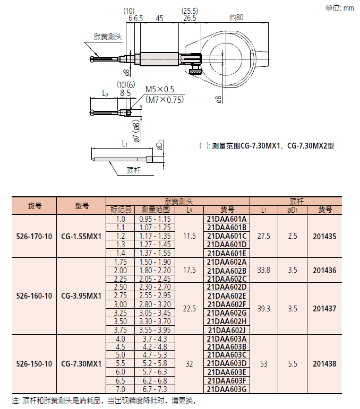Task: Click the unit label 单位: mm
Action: pyautogui.click(x=339, y=7)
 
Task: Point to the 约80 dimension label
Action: pyautogui.click(x=236, y=18)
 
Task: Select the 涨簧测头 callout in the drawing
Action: pyautogui.click(x=108, y=37)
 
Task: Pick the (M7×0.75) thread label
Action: pyautogui.click(x=164, y=99)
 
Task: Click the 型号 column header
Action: pyautogui.click(x=82, y=206)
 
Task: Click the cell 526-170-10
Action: pyautogui.click(x=34, y=236)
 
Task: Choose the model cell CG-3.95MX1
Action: pyautogui.click(x=81, y=296)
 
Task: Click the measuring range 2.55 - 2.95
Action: pyautogui.click(x=155, y=295)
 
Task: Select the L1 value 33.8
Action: pyautogui.click(x=263, y=270)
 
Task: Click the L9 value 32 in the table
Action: pyautogui.click(x=190, y=364)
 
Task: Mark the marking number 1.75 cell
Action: pyautogui.click(x=120, y=262)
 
